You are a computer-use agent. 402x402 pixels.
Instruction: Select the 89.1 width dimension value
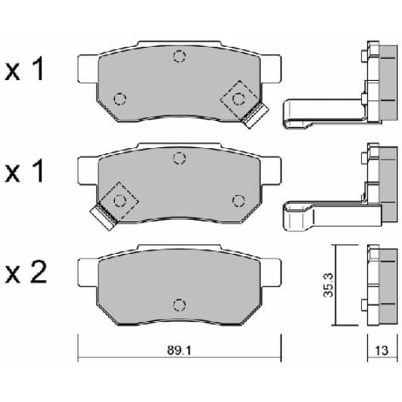(180, 349)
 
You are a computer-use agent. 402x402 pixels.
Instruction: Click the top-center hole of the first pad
(179, 56)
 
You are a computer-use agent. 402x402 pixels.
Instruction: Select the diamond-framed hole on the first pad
(239, 97)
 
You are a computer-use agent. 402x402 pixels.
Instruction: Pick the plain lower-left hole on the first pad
(119, 98)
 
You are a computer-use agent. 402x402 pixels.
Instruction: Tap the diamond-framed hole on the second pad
(119, 199)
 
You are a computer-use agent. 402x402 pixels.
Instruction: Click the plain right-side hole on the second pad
(239, 199)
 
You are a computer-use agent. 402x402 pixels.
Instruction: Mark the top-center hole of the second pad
(179, 157)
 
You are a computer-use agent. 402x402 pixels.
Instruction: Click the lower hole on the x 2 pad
(179, 304)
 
